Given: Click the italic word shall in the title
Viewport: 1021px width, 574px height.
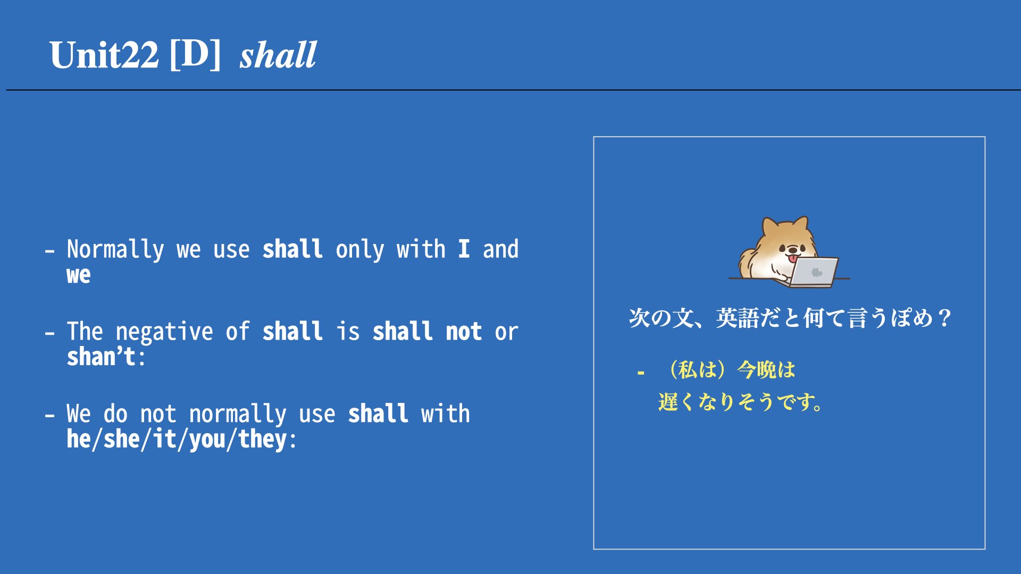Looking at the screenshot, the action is tap(278, 55).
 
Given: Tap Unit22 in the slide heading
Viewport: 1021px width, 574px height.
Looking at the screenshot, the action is tap(104, 55).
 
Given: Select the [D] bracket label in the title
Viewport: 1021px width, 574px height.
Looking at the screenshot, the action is tap(195, 55).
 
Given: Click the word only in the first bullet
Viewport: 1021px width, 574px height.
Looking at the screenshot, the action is tap(359, 249).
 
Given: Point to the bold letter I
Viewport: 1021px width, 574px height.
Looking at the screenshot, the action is tap(464, 249).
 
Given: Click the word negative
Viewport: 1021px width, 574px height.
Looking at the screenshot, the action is tap(164, 331).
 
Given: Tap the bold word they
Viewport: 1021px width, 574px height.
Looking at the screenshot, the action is tap(263, 439).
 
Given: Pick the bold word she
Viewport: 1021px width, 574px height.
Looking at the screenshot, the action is tap(122, 439).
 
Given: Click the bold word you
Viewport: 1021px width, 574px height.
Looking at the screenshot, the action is tap(207, 440).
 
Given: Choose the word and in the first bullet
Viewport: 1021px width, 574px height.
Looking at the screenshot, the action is tap(500, 249).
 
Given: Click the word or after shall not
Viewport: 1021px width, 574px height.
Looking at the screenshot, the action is tap(506, 333).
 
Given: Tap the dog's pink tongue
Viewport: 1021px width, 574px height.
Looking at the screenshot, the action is tap(793, 259).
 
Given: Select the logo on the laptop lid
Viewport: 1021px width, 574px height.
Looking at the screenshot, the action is tap(816, 273).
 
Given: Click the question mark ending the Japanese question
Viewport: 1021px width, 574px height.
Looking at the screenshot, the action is tap(944, 318).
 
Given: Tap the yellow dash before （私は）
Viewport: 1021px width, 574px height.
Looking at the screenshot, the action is tap(641, 373).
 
